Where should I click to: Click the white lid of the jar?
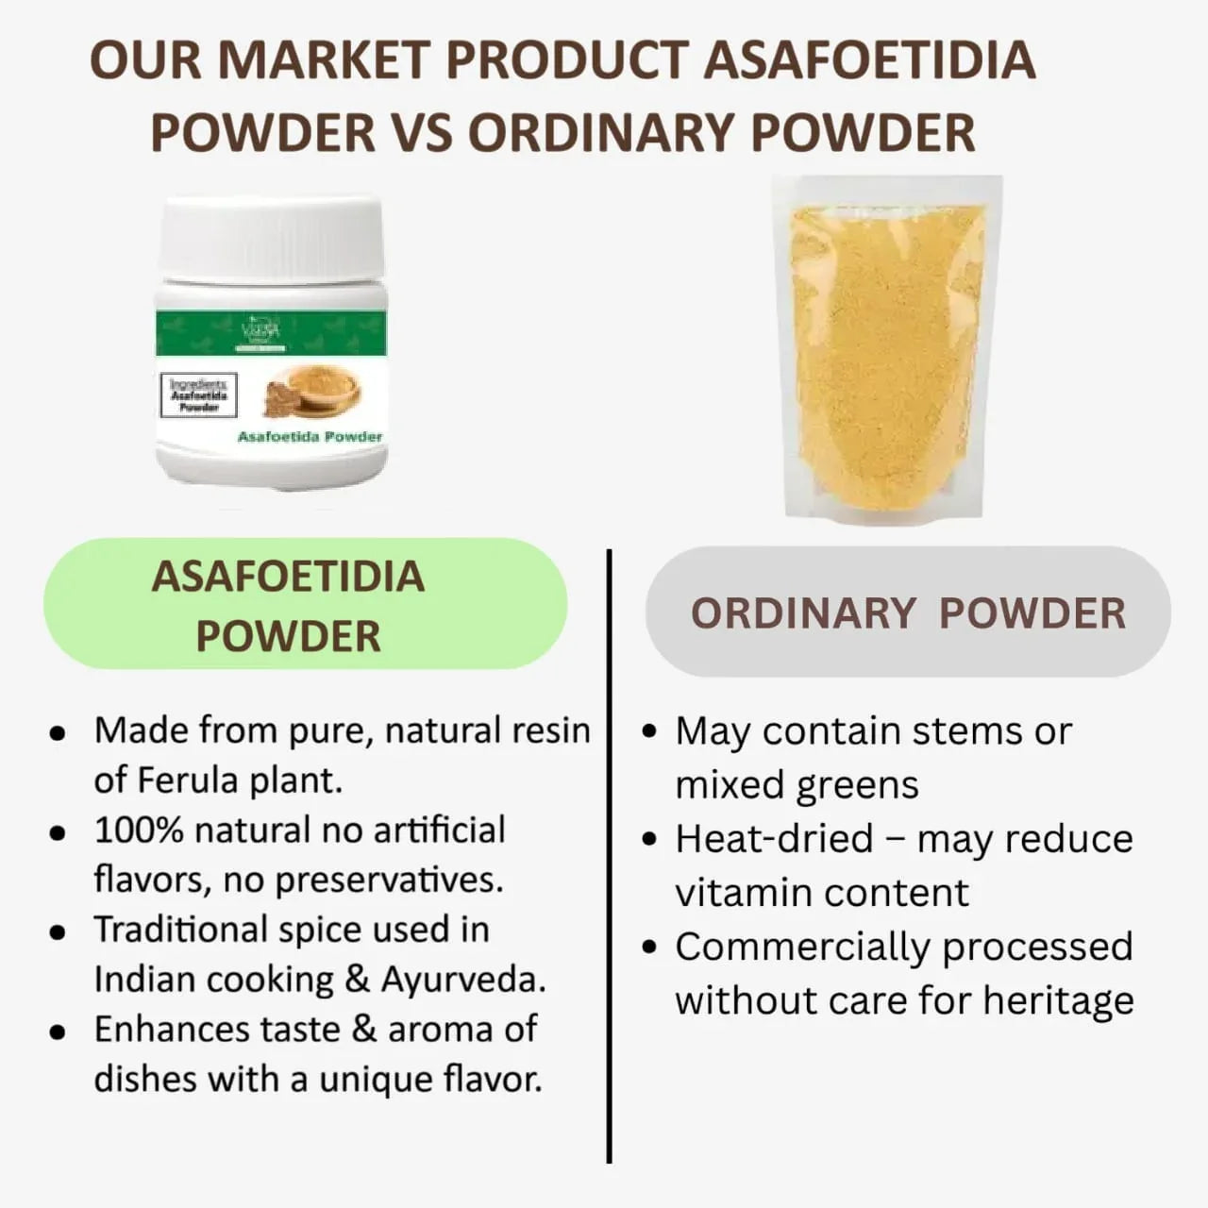[x=271, y=240]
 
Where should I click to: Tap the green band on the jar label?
[x=271, y=332]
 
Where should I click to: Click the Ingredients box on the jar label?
[x=199, y=395]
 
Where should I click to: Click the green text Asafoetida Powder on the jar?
[x=310, y=437]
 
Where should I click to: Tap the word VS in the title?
[x=421, y=132]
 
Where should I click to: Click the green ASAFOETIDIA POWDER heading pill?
[x=305, y=604]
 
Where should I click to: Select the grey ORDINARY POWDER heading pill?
[x=908, y=612]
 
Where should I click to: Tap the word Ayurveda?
[x=461, y=980]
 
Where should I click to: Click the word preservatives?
[x=389, y=881]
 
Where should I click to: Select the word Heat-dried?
[x=774, y=839]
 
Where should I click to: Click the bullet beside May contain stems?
[x=648, y=731]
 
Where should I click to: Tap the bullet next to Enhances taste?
[x=59, y=1032]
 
